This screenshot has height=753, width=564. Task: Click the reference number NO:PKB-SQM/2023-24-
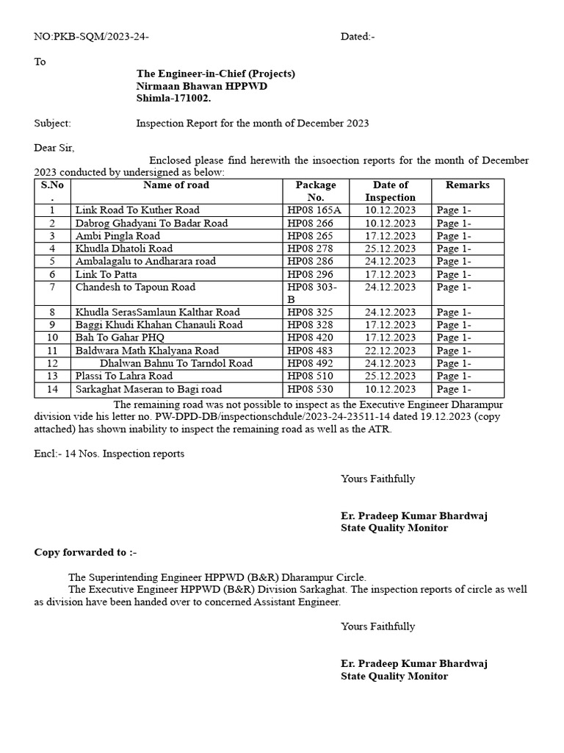[x=92, y=37]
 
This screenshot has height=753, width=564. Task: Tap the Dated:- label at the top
[x=358, y=37]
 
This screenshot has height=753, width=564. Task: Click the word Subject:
[x=53, y=124]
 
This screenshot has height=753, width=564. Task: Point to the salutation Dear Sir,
[x=54, y=148]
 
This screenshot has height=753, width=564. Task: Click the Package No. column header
[x=315, y=191]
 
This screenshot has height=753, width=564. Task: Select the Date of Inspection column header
[x=390, y=191]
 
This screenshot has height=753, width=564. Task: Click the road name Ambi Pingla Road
[x=117, y=236]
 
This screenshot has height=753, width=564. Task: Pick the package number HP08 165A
[x=314, y=210]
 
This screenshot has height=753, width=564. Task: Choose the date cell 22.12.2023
[x=390, y=351]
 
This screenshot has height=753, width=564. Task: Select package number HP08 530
[x=310, y=389]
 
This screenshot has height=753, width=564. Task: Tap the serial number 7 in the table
[x=53, y=287]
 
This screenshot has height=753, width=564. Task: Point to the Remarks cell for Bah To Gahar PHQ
[x=454, y=338]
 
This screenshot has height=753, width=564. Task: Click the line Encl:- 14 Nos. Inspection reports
[x=109, y=454]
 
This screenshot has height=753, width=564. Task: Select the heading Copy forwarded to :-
[x=85, y=552]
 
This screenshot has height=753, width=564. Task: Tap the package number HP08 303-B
[x=313, y=293]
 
